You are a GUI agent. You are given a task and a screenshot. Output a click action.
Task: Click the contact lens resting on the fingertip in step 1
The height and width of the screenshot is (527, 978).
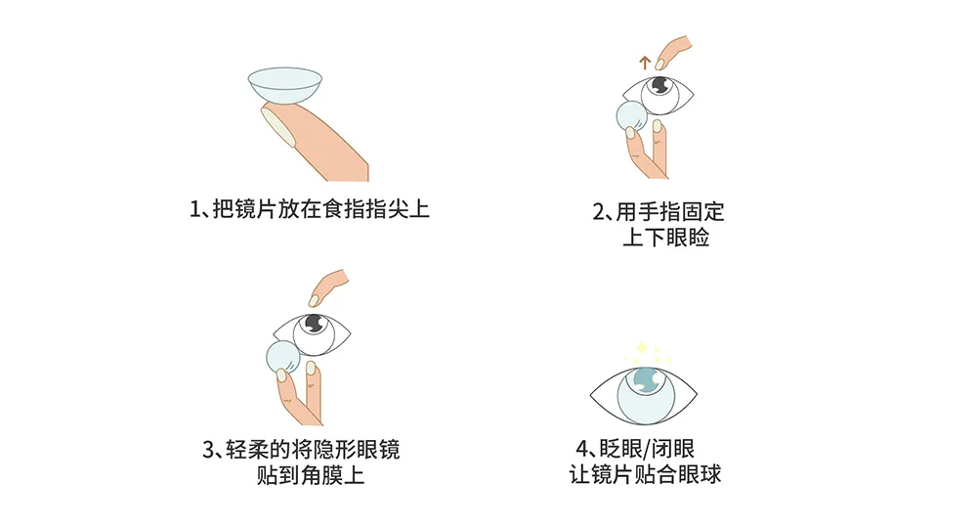(x=285, y=85)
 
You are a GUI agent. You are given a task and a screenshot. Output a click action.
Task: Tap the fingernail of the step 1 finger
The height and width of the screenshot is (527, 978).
(x=277, y=125)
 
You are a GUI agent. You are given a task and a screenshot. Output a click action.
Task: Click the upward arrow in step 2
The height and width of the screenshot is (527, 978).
(x=644, y=62)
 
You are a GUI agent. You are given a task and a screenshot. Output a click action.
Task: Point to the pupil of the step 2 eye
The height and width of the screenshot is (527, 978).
(x=659, y=84)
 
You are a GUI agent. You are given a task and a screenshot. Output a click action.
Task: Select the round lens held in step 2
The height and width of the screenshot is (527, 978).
(x=631, y=116)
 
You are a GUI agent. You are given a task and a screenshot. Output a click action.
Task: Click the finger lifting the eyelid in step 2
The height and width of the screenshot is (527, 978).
(x=673, y=52)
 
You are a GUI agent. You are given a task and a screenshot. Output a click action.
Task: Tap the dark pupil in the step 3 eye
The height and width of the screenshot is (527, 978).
(x=313, y=324)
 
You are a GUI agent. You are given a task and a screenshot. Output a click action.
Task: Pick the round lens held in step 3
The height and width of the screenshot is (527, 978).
(x=282, y=357)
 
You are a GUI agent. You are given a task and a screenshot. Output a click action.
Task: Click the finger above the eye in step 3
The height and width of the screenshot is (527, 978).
(x=328, y=287)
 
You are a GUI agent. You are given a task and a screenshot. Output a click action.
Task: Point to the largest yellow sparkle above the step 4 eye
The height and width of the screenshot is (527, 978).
(x=641, y=347)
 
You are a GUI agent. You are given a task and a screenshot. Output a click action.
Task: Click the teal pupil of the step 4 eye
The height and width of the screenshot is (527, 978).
(x=646, y=380)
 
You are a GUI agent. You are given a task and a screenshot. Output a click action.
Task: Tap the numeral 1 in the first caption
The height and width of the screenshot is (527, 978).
(x=194, y=208)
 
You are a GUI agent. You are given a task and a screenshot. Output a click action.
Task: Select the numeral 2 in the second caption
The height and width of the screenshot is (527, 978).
(x=598, y=212)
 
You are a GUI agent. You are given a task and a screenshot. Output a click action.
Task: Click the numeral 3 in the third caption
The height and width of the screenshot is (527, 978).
(x=208, y=450)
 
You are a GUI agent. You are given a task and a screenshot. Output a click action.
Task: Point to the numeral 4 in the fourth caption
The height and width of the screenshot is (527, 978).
(x=581, y=449)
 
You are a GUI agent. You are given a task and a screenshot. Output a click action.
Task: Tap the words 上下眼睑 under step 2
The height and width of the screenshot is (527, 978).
(x=665, y=238)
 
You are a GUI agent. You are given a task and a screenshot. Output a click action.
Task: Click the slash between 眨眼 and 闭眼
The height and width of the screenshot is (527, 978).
(x=646, y=449)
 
